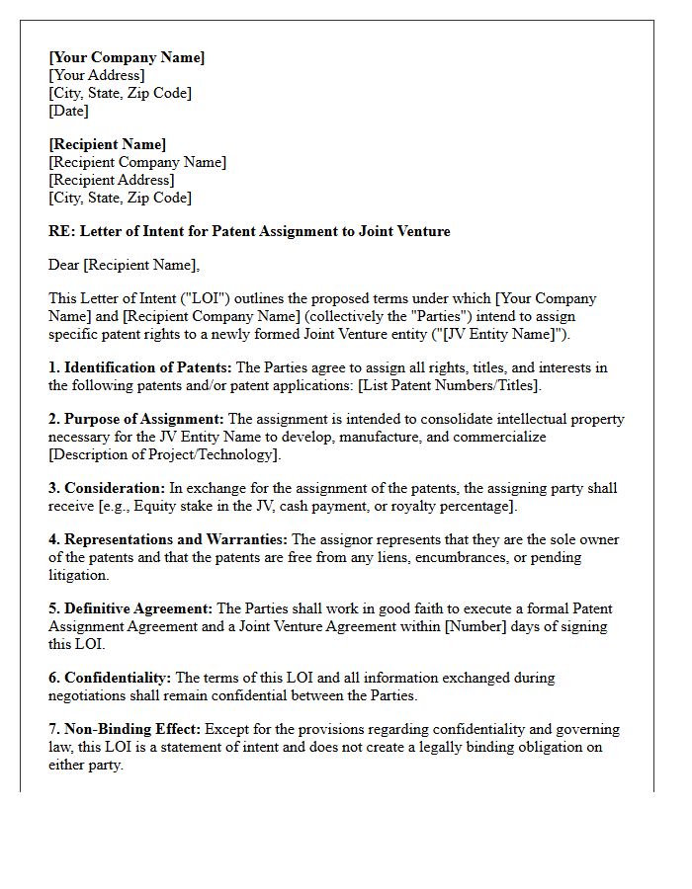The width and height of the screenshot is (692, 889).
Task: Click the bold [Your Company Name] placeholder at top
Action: pos(127,57)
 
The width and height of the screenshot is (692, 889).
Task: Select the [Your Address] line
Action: pos(96,75)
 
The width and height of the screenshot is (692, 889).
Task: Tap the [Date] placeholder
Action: pos(68,111)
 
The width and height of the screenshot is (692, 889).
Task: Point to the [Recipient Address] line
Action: pos(111,180)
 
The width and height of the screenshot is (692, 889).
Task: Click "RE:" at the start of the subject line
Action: pos(61,231)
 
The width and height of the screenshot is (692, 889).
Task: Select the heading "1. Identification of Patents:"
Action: pos(139,367)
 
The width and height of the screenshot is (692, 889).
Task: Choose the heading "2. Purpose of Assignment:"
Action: pos(136,419)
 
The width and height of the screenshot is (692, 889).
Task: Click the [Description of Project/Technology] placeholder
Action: pos(164,454)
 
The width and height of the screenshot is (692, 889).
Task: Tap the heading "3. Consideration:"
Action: pos(107,488)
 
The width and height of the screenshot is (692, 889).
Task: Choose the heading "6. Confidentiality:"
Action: pos(110,678)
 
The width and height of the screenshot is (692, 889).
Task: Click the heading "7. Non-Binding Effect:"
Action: pos(125,729)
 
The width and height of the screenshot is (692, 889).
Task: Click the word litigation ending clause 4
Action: pos(78,575)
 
